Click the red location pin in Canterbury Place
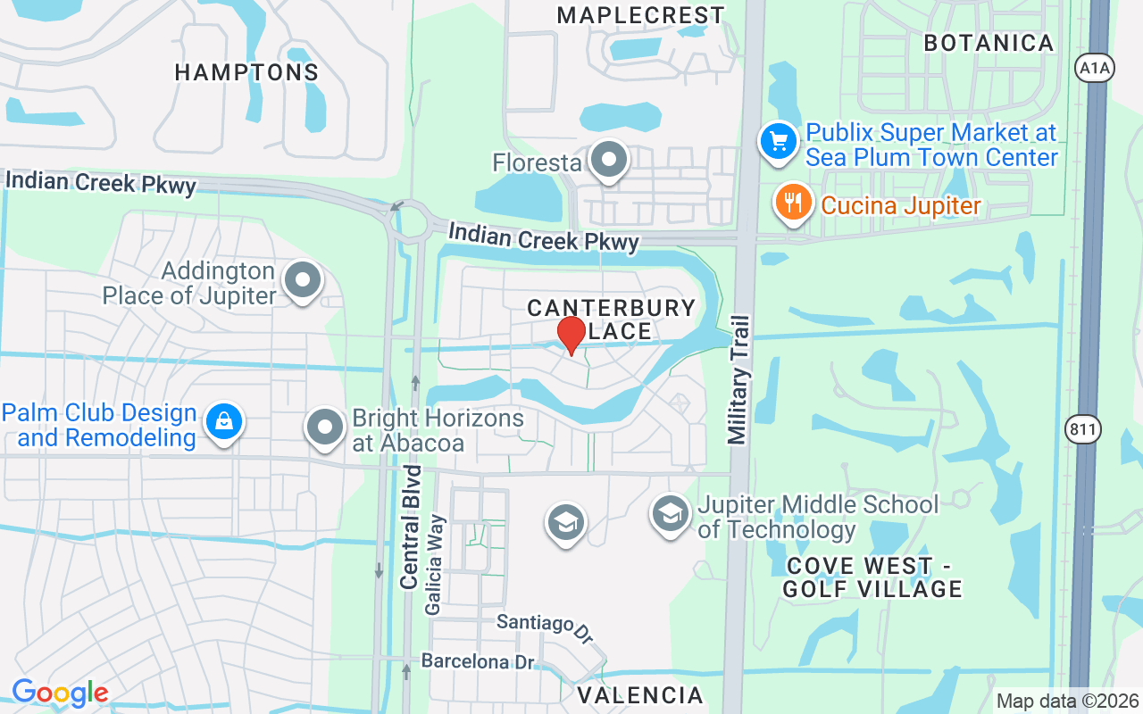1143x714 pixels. coord(571,335)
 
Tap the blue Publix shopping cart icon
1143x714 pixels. coord(778,141)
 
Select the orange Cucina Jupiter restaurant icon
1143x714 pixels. coord(792,202)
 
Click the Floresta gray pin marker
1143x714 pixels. coord(610,162)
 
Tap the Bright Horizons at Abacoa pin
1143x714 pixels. coord(325,428)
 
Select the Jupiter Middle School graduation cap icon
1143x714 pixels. coord(670,514)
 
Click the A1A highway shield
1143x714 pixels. coord(1095,68)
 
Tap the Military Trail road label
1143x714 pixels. coord(738,378)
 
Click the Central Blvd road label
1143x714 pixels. coord(411,526)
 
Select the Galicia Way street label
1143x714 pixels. coord(435,564)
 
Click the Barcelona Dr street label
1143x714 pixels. coord(478,662)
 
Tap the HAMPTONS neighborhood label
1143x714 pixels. coord(246,72)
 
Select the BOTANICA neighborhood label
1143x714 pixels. coord(989,43)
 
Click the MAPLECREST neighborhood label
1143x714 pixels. coord(640,15)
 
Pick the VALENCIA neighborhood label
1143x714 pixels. coord(640,694)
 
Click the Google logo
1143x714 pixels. coord(60,693)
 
